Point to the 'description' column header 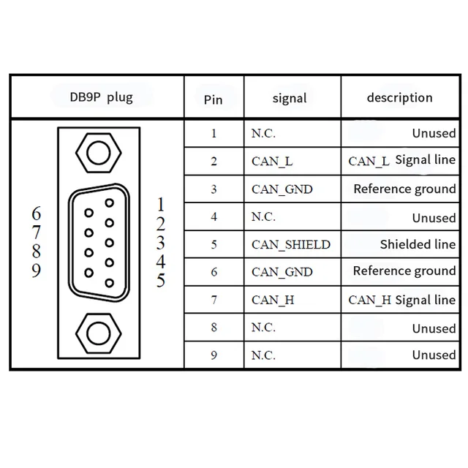pyautogui.click(x=399, y=97)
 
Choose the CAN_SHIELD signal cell pyautogui.click(x=290, y=244)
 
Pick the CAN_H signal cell pyautogui.click(x=272, y=300)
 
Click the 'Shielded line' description pyautogui.click(x=418, y=244)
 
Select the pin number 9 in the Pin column pyautogui.click(x=214, y=355)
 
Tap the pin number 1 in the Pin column pyautogui.click(x=214, y=134)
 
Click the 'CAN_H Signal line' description pyautogui.click(x=401, y=300)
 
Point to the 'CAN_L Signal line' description pyautogui.click(x=401, y=160)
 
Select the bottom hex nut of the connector pyautogui.click(x=97, y=333)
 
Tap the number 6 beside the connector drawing pyautogui.click(x=37, y=214)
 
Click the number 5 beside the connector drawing pyautogui.click(x=161, y=280)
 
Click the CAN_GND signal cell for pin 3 pyautogui.click(x=282, y=189)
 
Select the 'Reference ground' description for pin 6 pyautogui.click(x=404, y=271)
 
